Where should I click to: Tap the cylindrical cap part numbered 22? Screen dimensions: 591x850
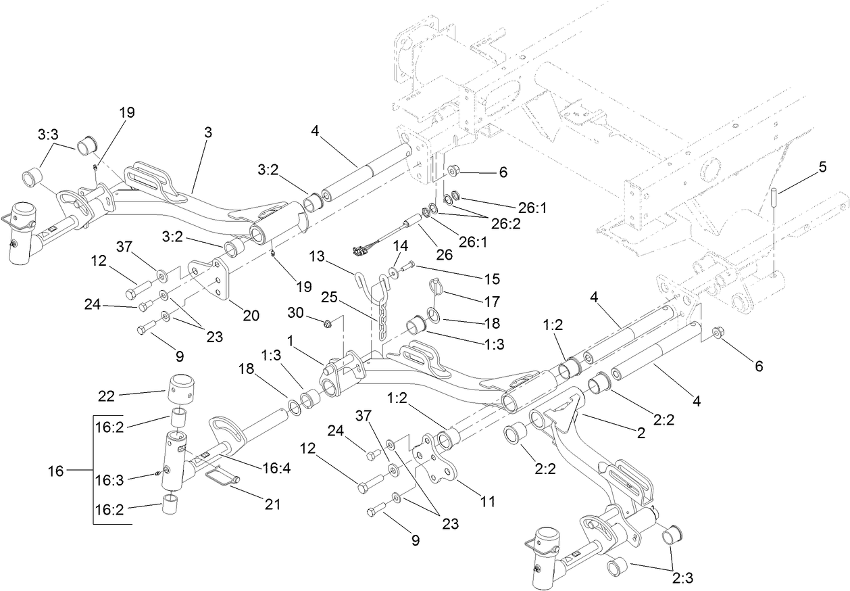(x=180, y=387)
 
